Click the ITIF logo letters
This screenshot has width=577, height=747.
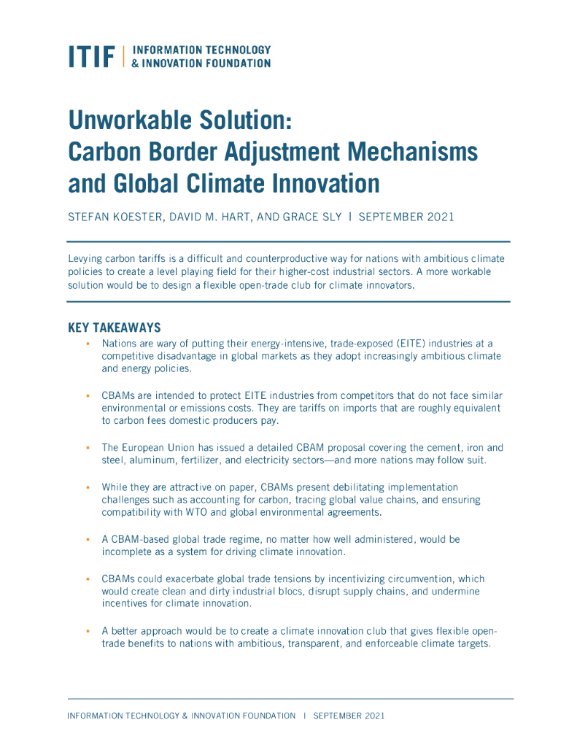(92, 57)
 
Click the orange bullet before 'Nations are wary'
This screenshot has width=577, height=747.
(88, 343)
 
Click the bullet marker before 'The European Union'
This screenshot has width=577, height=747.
(88, 448)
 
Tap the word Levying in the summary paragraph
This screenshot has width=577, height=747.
(85, 259)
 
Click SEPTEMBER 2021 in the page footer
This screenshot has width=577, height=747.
(349, 716)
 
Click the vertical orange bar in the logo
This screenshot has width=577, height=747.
(124, 57)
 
